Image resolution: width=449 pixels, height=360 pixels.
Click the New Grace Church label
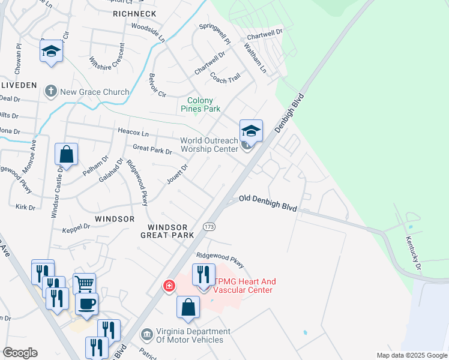[95, 92]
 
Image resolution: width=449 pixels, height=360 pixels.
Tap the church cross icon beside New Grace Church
[51, 91]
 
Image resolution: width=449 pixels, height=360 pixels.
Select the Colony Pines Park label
[200, 104]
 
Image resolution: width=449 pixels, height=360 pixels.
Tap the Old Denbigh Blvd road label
[268, 202]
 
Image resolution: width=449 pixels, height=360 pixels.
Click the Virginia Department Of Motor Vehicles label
[193, 335]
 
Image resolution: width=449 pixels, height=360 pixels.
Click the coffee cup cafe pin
[87, 303]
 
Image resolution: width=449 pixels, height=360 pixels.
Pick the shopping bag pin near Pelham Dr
[67, 154]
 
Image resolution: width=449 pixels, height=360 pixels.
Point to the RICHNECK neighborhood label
[130, 13]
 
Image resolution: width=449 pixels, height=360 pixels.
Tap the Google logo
[20, 353]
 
